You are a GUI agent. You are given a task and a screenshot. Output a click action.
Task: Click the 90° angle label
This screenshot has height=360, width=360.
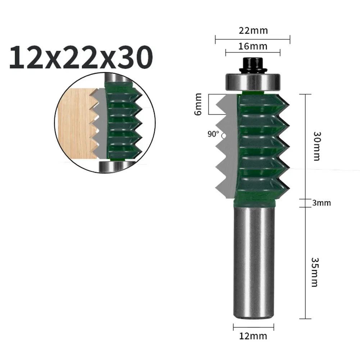(x=213, y=134)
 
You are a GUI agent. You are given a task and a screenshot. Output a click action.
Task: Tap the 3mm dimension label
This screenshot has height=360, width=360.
(x=321, y=203)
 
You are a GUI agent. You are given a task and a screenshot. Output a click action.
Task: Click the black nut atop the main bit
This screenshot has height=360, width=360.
(x=252, y=65)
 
